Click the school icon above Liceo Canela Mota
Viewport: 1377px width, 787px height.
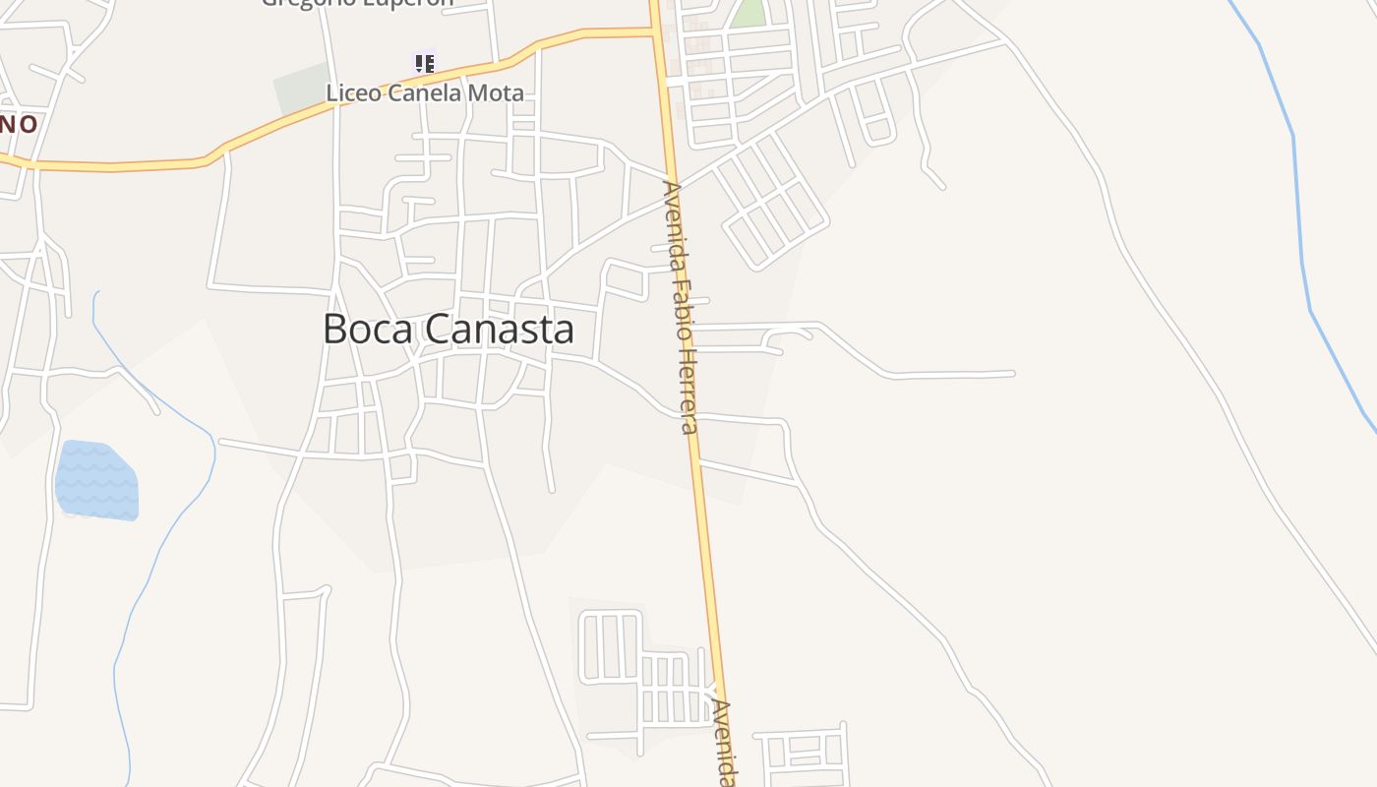[x=424, y=64]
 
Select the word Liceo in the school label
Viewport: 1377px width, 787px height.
[x=351, y=93]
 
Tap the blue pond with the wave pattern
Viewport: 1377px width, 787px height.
[x=96, y=480]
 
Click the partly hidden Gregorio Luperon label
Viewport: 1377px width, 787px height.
[x=357, y=3]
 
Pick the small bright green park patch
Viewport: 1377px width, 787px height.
[x=749, y=12]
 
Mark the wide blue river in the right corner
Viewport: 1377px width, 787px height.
[x=1298, y=197]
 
